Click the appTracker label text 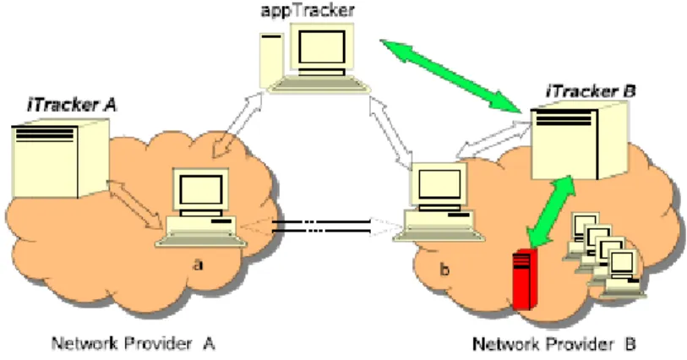point(308,9)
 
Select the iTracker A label point(72,105)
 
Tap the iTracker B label point(591,91)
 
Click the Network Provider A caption point(134,343)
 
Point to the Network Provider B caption point(554,344)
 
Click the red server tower point(526,279)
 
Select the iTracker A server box point(60,160)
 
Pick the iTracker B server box point(579,140)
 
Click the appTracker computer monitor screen point(322,46)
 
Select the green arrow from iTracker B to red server point(551,211)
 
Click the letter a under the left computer point(198,265)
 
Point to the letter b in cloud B point(444,269)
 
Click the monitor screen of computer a point(201,189)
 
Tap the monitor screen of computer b point(439,184)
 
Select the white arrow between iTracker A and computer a point(136,204)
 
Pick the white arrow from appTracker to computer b point(390,130)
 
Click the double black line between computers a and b point(321,226)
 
